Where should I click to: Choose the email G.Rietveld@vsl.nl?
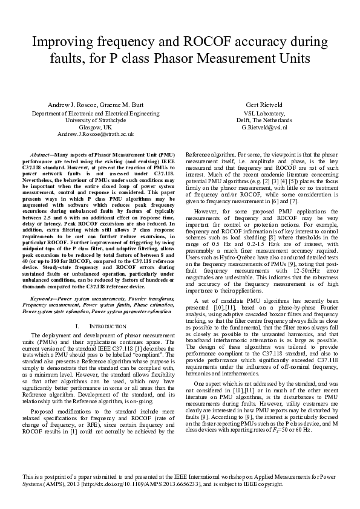click(264, 128)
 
